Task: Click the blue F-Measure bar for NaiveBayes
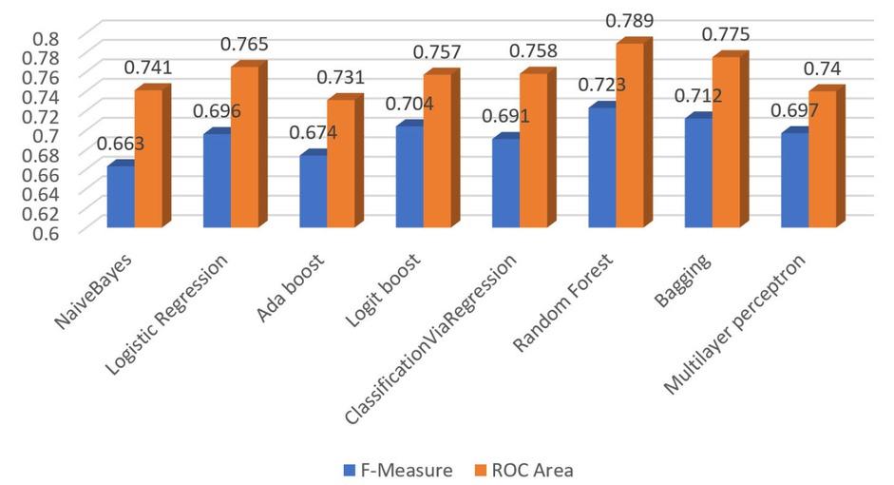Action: pos(121,196)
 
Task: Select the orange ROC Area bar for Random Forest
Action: pos(630,135)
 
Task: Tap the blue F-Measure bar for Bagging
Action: pos(698,172)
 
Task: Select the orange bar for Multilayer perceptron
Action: pos(822,159)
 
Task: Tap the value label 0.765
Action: pos(244,44)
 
